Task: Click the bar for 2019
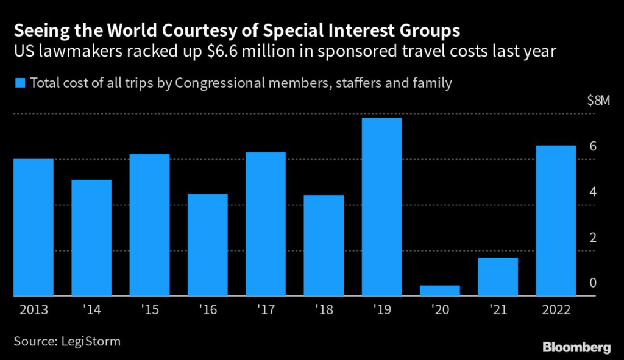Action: point(381,207)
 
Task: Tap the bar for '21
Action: point(498,277)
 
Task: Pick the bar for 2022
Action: point(556,221)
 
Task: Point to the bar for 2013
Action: point(34,227)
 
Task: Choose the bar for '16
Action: point(208,245)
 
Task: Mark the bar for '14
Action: point(91,238)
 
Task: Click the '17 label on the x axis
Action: point(266,310)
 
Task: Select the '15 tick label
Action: point(149,310)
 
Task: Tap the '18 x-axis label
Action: point(324,310)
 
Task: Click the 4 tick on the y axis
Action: point(592,192)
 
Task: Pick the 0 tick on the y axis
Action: point(592,284)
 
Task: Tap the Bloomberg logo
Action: point(576,347)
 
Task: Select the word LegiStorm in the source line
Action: point(90,341)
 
